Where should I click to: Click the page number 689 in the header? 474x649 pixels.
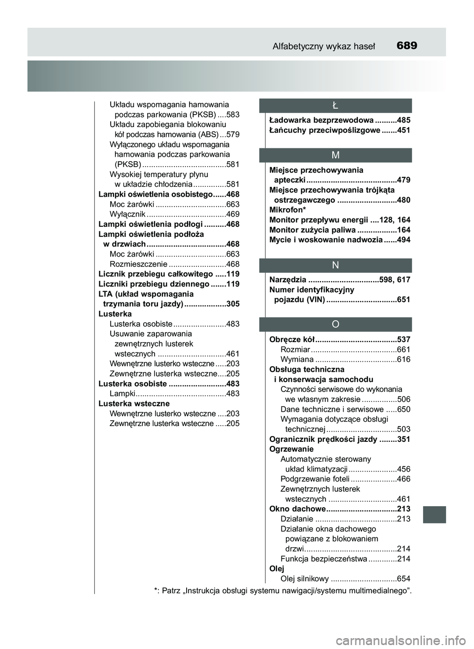(x=406, y=46)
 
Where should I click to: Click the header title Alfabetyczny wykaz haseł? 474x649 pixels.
(x=323, y=46)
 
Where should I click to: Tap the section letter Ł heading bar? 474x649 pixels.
(x=336, y=105)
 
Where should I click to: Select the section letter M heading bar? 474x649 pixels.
(x=336, y=155)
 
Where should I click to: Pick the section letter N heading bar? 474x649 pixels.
(x=336, y=265)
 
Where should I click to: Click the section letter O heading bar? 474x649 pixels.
(x=336, y=324)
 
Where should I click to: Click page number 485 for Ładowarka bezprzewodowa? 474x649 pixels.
(x=403, y=120)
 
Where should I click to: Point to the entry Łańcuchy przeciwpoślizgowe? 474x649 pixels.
(x=324, y=130)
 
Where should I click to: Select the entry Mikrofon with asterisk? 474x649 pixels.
(x=287, y=210)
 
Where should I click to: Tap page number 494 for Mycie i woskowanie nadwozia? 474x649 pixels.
(x=403, y=240)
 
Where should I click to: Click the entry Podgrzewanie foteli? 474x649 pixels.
(x=315, y=479)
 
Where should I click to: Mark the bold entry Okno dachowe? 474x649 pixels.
(x=297, y=509)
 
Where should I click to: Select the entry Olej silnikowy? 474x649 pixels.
(x=304, y=579)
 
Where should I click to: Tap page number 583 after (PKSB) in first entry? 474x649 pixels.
(x=233, y=115)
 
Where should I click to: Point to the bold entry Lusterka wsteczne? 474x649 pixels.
(x=134, y=404)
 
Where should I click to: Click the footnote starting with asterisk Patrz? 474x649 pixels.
(x=282, y=590)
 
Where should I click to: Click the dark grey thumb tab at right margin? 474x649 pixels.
(x=434, y=514)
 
